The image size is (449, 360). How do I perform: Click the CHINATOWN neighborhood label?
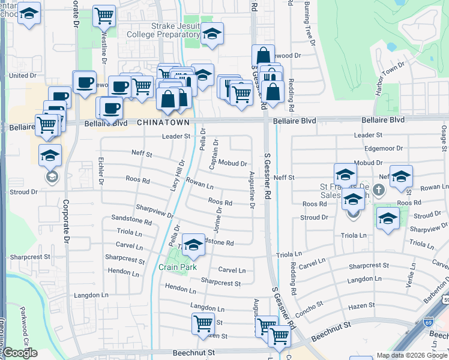pos(163,122)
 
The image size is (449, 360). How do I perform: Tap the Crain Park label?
pos(178,267)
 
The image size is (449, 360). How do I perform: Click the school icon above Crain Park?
pos(193,245)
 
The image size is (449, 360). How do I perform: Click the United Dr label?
pos(23,76)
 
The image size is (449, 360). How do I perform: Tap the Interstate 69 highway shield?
pos(427,322)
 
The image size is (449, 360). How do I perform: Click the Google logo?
pos(20,353)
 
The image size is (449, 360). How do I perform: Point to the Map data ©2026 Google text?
pos(411,355)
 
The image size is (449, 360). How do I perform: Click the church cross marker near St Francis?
pos(378,190)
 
